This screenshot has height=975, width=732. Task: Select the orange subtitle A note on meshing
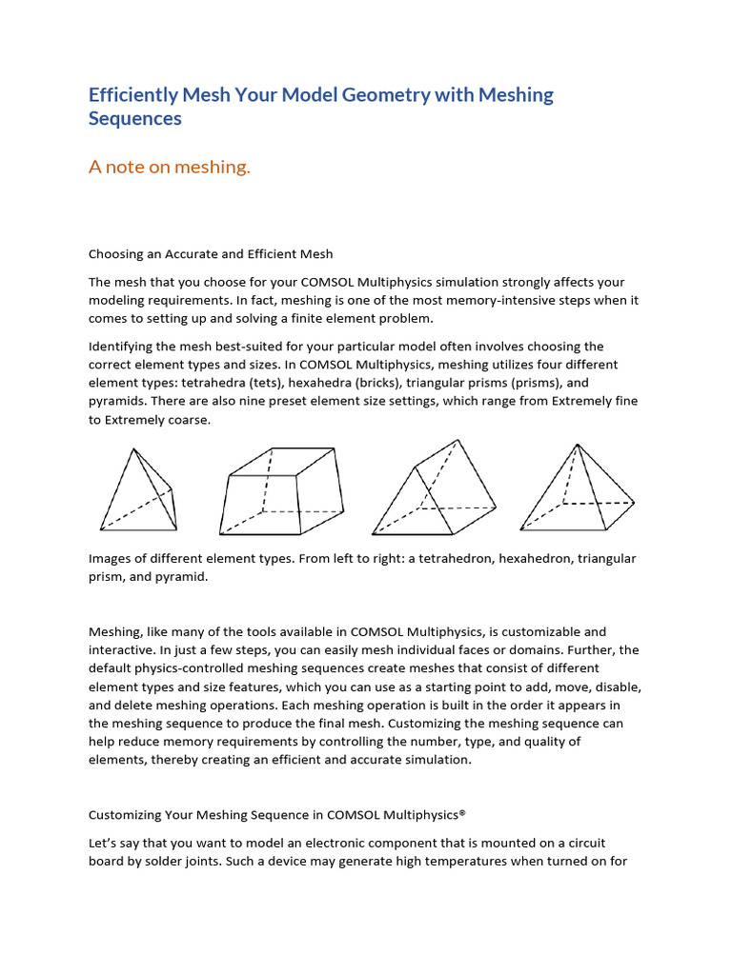pos(169,168)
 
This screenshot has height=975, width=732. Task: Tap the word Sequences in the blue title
pos(134,119)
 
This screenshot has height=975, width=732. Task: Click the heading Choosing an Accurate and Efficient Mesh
pos(211,254)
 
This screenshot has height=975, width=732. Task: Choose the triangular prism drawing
pos(434,490)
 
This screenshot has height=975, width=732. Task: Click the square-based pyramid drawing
pos(578,490)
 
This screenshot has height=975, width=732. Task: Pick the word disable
pos(617,686)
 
